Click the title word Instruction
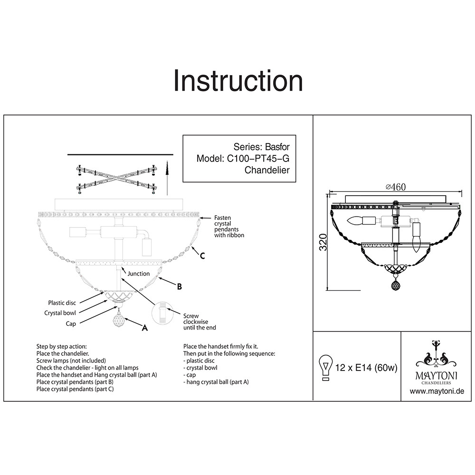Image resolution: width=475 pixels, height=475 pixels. (238, 81)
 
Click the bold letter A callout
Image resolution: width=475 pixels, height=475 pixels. (145, 327)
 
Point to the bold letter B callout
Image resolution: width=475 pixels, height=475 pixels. (179, 286)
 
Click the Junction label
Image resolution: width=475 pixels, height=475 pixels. (138, 274)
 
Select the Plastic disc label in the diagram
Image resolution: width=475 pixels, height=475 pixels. (62, 303)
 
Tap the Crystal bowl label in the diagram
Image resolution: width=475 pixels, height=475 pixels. (60, 313)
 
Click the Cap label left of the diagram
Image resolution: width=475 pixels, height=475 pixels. (71, 323)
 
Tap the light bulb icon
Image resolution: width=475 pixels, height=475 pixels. (325, 367)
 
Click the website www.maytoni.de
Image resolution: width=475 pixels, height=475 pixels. (437, 391)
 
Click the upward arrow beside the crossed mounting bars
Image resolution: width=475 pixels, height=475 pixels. (167, 178)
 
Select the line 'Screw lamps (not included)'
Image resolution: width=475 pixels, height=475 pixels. (71, 361)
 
